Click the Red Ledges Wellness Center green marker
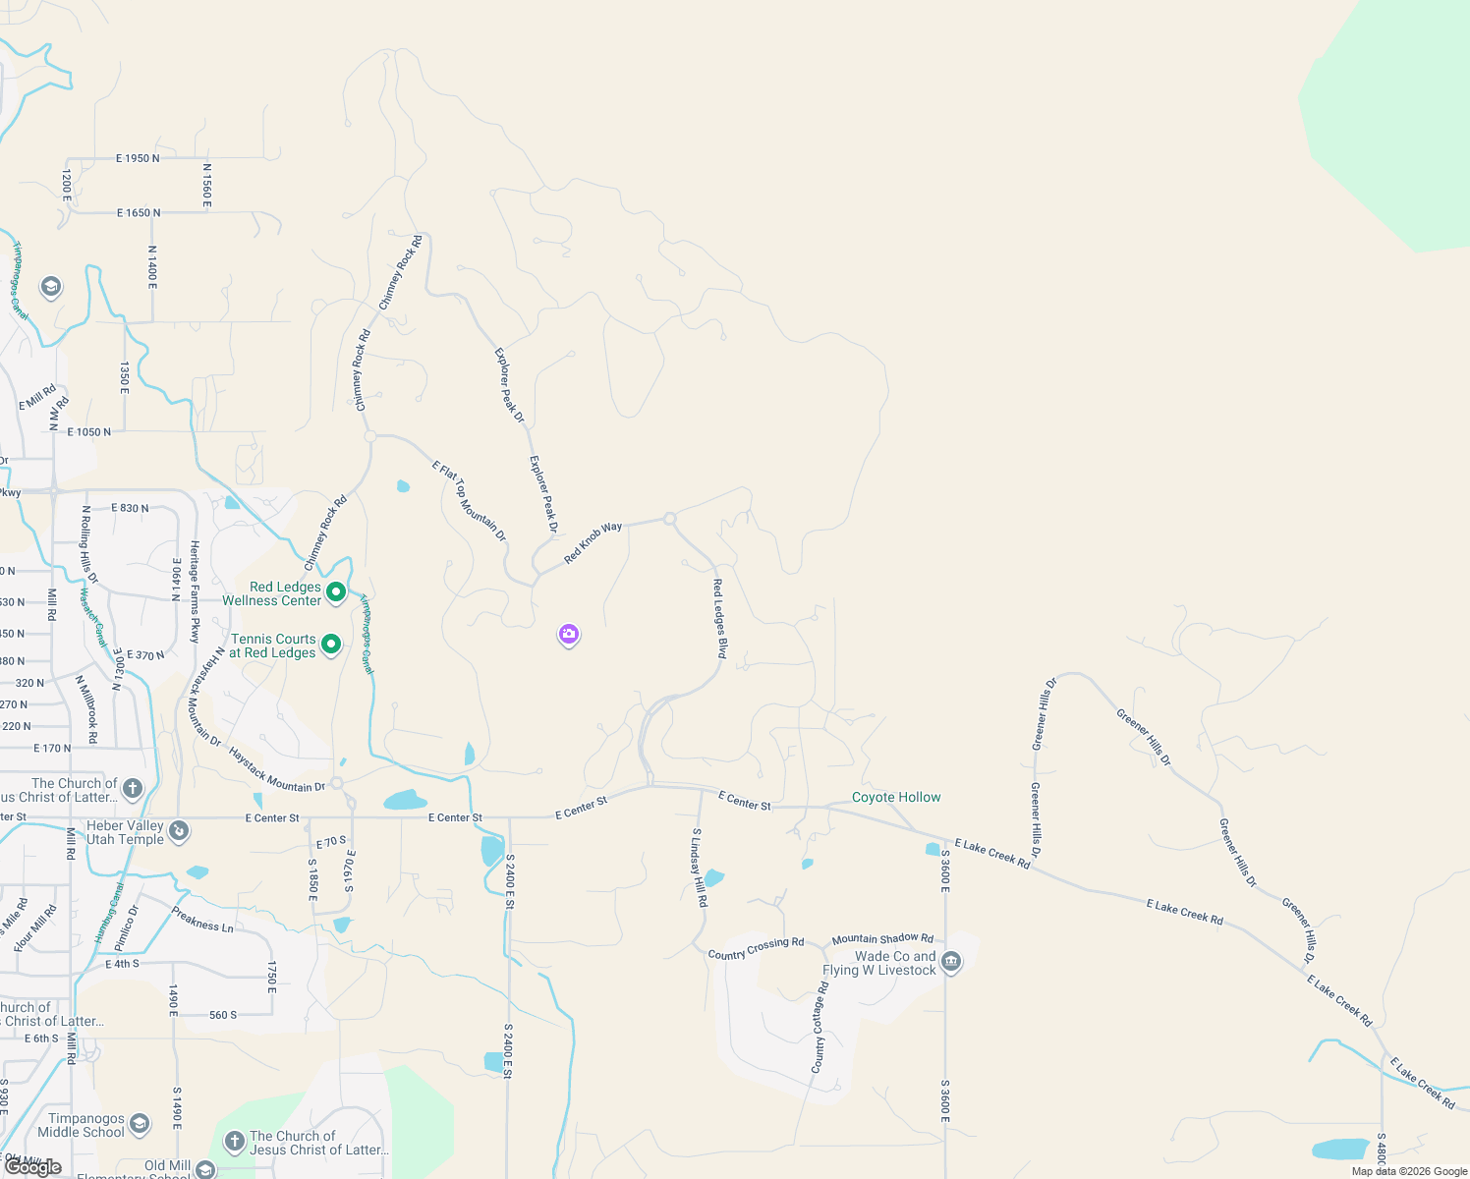click(335, 591)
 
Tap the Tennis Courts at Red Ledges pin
click(331, 645)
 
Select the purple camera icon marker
click(568, 635)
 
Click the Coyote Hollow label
click(896, 797)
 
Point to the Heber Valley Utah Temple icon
click(178, 831)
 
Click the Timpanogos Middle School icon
click(140, 1123)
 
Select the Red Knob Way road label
click(593, 542)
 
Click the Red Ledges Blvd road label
click(720, 618)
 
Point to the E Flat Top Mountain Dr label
click(469, 500)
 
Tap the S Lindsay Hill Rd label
click(699, 867)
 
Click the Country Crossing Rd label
click(756, 948)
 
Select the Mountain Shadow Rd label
click(882, 939)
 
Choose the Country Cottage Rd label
click(820, 1027)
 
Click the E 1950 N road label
click(138, 158)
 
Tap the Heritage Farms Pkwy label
click(195, 590)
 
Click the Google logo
click(33, 1167)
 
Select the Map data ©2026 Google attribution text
click(1409, 1171)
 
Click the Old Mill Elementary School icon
click(204, 1169)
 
